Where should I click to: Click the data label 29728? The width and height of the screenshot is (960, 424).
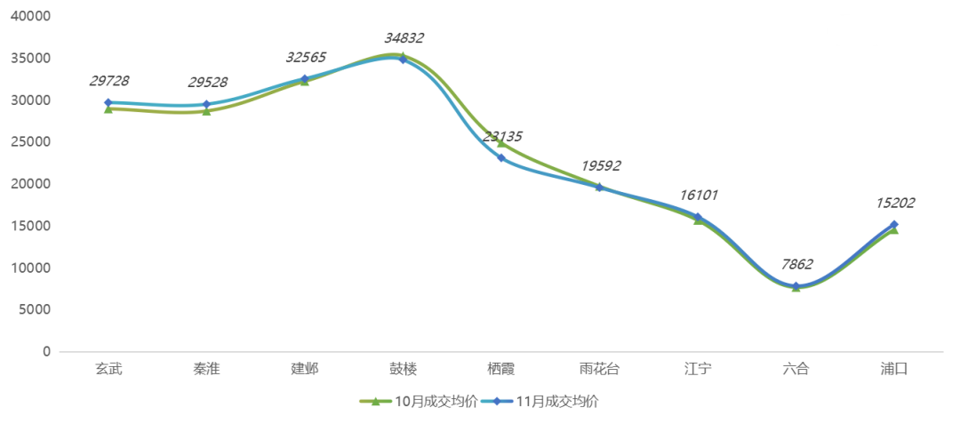pyautogui.click(x=110, y=82)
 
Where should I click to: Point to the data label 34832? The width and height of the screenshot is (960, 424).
pyautogui.click(x=404, y=38)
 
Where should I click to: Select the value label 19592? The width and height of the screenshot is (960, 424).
pyautogui.click(x=601, y=165)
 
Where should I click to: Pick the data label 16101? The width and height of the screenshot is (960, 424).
pyautogui.click(x=699, y=195)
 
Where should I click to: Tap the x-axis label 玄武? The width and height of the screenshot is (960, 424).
pyautogui.click(x=108, y=368)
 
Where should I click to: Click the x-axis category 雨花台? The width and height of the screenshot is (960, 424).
pyautogui.click(x=599, y=368)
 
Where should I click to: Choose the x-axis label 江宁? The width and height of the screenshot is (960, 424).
pyautogui.click(x=698, y=368)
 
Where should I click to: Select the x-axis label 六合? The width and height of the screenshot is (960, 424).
pyautogui.click(x=796, y=368)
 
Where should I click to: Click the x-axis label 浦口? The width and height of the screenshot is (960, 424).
pyautogui.click(x=893, y=368)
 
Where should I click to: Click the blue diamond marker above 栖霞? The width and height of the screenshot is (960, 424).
pyautogui.click(x=501, y=158)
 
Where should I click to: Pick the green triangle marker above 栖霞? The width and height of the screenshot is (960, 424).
pyautogui.click(x=501, y=142)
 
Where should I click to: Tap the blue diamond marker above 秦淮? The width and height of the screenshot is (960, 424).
pyautogui.click(x=206, y=104)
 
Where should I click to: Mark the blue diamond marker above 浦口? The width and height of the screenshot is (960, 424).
pyautogui.click(x=894, y=225)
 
